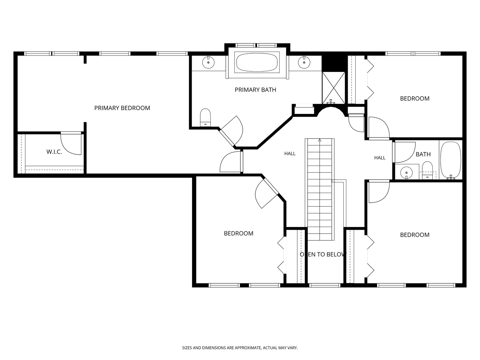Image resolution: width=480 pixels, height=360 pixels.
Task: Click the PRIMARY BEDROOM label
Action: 122,108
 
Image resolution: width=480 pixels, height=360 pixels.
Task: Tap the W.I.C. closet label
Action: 54,152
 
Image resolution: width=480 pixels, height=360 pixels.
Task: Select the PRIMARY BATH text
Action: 255,90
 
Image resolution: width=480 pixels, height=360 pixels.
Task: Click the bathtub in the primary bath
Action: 257,62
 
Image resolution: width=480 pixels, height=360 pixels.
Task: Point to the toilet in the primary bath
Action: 205,117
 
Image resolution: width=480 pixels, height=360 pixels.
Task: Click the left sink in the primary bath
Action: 208,62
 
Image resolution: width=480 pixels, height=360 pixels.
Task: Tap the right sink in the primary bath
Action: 304,62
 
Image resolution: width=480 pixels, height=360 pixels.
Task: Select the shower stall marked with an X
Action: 333,88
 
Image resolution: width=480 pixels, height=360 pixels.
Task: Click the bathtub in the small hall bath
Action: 451,160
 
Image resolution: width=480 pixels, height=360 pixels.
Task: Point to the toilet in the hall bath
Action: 427,170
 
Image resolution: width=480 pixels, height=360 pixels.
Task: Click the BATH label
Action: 423,154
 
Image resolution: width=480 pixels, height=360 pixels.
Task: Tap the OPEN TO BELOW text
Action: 323,254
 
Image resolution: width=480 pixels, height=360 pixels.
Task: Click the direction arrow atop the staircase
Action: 320,140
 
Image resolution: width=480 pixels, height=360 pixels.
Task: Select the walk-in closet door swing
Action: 71,143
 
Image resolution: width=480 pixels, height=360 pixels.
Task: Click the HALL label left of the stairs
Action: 290,154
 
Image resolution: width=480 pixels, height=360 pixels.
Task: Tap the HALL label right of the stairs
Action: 380,158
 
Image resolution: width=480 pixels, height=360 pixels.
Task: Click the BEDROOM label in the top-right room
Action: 415,99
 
